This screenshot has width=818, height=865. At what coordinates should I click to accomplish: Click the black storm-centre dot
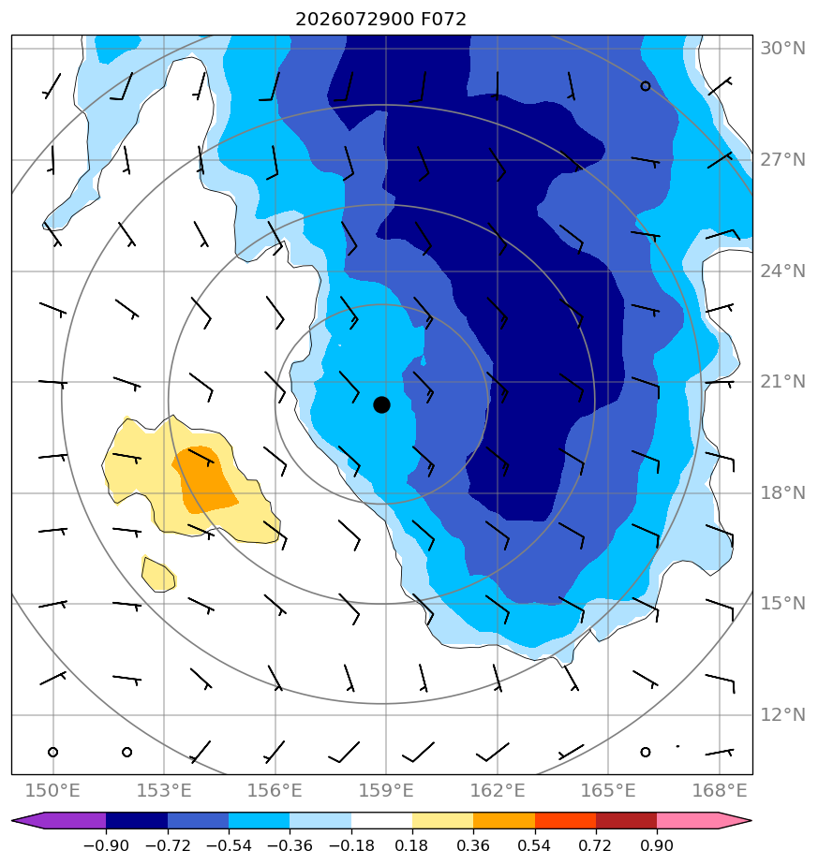tap(381, 405)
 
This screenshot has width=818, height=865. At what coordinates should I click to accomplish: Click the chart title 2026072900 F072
tap(380, 20)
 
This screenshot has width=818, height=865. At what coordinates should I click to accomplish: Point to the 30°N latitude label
tap(782, 49)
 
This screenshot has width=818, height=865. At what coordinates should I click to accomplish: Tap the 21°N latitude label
tap(782, 382)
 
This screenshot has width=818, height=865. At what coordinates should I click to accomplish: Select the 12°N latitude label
tap(782, 715)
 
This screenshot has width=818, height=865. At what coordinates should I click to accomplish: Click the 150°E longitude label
tap(52, 790)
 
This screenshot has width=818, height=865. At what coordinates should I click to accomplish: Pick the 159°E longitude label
tap(385, 790)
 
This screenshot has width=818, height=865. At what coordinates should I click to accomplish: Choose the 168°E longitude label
tap(719, 790)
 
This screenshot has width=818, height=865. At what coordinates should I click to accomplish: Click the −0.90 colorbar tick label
tap(106, 845)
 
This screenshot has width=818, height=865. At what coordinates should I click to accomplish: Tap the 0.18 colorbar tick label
tap(412, 845)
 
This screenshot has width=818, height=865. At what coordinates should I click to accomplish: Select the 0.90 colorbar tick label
tap(657, 845)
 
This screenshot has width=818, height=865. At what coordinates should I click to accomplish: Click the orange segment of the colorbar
tap(504, 820)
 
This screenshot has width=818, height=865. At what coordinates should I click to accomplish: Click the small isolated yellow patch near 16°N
tap(158, 574)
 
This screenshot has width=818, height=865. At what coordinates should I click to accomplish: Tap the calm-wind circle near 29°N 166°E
tap(645, 86)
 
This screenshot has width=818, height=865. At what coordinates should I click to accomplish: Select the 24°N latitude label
tap(782, 271)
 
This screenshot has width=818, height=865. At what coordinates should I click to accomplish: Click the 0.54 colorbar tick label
tap(535, 845)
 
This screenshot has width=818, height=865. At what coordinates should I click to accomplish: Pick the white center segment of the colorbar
tap(381, 820)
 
